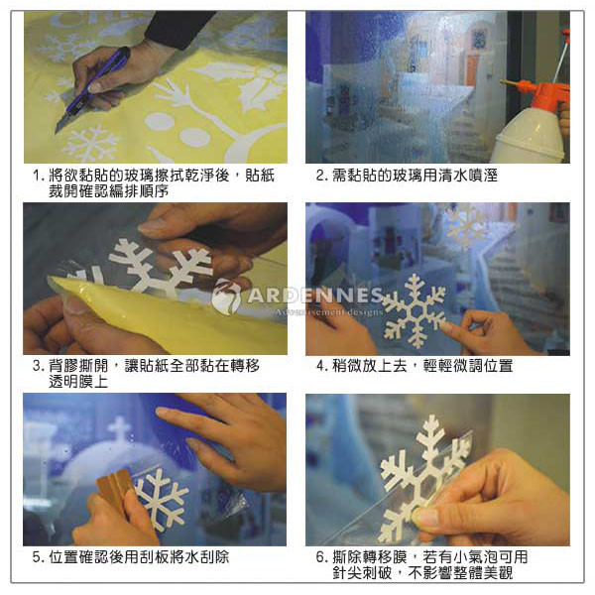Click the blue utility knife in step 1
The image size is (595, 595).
(x=93, y=89)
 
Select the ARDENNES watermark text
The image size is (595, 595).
(x=315, y=296)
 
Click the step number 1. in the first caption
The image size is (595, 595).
(x=38, y=176)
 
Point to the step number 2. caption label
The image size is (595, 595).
(x=321, y=176)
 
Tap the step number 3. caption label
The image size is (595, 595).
(x=38, y=366)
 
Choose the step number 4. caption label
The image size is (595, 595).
(x=321, y=366)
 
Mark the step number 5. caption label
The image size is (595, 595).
(x=38, y=557)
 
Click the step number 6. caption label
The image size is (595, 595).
(x=321, y=557)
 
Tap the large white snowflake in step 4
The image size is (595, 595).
(x=414, y=311)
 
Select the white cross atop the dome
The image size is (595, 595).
(x=119, y=428)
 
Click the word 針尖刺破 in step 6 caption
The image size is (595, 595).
(x=362, y=572)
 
